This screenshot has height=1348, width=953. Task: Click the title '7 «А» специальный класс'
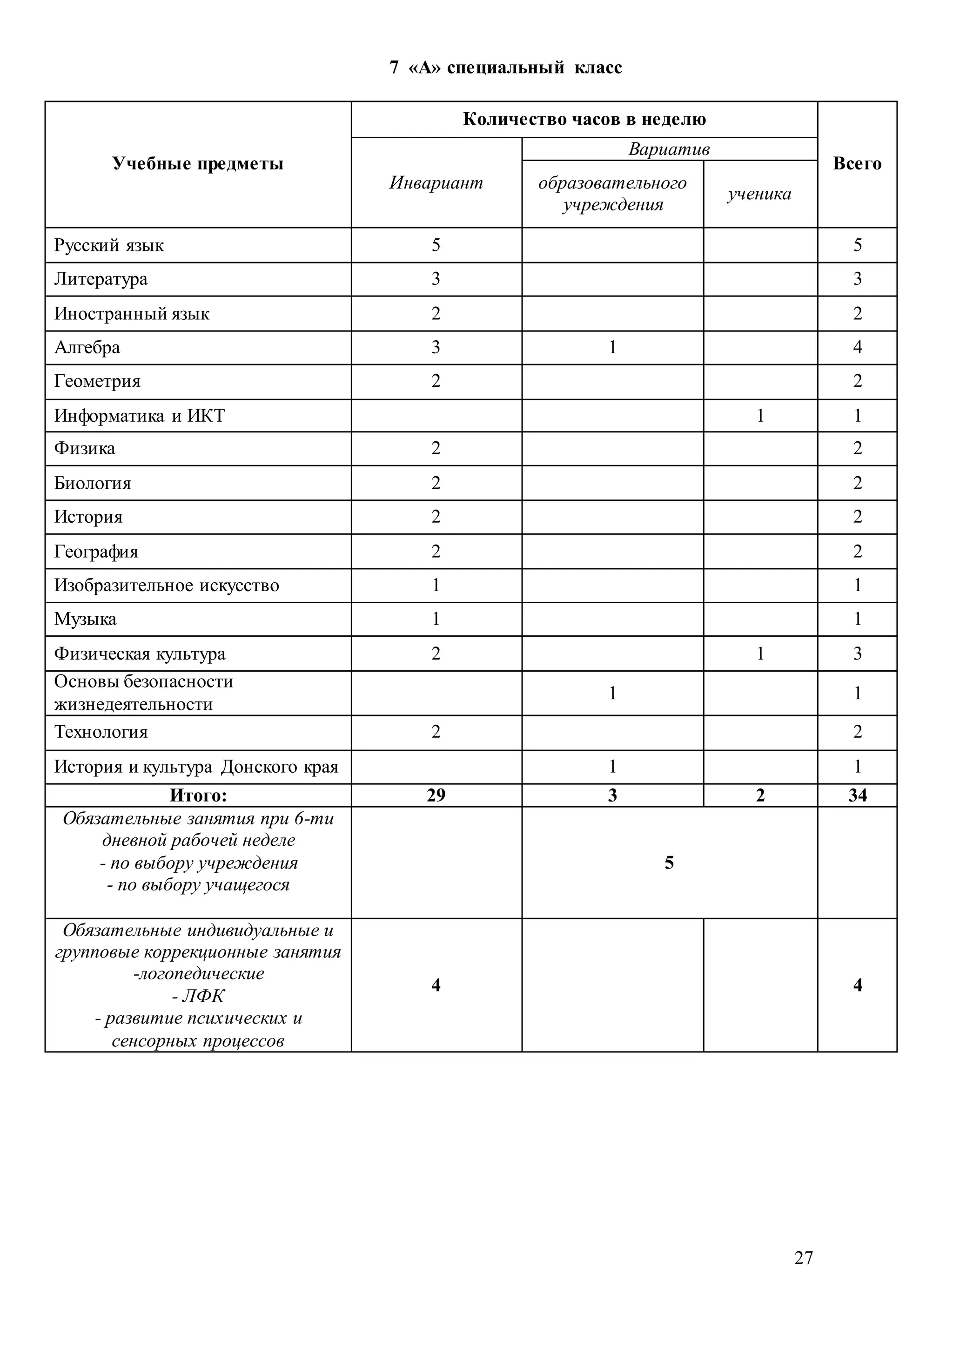click(x=505, y=67)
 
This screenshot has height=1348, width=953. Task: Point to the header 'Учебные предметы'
click(x=198, y=163)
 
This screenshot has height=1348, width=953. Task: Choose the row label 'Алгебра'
click(x=87, y=348)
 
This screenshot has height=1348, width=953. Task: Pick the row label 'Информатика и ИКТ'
click(x=139, y=416)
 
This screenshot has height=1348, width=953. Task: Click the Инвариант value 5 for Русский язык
click(x=436, y=245)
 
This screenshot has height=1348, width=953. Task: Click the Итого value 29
click(x=436, y=795)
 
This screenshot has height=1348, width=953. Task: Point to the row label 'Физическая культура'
click(x=140, y=654)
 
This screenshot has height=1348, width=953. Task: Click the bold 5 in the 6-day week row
click(x=669, y=863)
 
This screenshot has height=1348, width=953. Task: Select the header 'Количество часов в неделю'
click(x=584, y=119)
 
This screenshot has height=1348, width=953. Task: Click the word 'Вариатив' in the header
click(x=669, y=149)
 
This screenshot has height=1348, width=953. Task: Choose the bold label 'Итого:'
click(x=198, y=795)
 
